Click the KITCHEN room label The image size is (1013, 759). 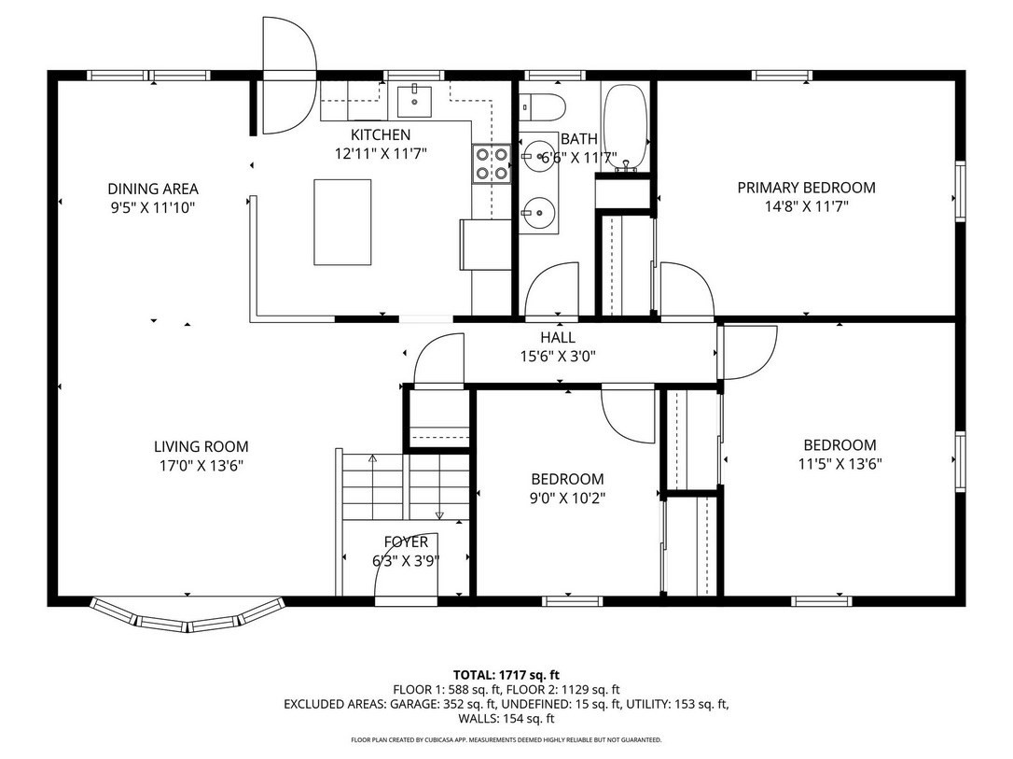pyautogui.click(x=380, y=135)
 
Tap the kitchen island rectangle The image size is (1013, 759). pyautogui.click(x=341, y=221)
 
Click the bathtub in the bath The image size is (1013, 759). pyautogui.click(x=625, y=126)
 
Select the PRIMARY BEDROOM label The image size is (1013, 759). pyautogui.click(x=806, y=188)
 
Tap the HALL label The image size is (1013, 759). pyautogui.click(x=557, y=338)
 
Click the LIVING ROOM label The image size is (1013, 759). pyautogui.click(x=201, y=447)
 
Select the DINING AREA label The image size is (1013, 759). pyautogui.click(x=153, y=189)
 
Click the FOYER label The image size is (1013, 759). pyautogui.click(x=406, y=542)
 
